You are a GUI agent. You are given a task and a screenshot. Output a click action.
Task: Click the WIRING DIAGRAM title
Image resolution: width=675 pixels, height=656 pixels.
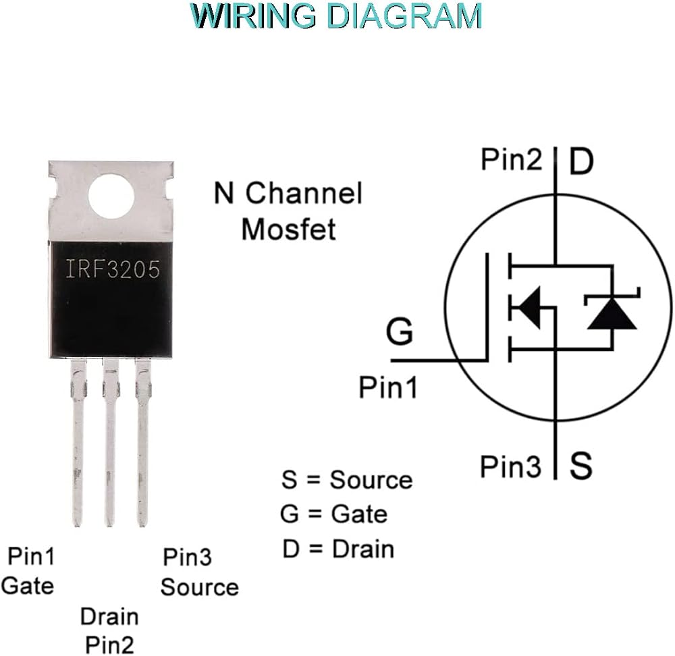(335, 16)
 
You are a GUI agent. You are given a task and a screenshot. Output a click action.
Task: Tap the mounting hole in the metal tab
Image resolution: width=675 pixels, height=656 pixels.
(111, 196)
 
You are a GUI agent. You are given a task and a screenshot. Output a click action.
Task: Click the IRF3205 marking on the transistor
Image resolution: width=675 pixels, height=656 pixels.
(112, 269)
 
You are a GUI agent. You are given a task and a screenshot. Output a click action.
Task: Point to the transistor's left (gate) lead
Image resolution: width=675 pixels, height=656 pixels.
(78, 443)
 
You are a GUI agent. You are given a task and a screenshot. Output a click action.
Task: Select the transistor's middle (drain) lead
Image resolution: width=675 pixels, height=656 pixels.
(110, 443)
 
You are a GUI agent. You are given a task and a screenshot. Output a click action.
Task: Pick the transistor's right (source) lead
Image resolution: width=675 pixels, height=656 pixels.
(143, 443)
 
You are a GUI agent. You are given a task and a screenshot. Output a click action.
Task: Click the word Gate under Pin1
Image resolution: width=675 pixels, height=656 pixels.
(28, 586)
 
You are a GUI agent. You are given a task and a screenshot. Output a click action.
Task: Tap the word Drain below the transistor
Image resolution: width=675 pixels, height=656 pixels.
(109, 617)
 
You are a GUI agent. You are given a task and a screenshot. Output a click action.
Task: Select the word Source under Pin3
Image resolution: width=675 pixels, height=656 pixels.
(199, 588)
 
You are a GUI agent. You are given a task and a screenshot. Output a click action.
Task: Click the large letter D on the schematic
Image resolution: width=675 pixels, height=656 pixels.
(581, 161)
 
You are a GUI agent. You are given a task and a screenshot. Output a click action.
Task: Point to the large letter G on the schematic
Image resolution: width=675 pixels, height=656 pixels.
(400, 331)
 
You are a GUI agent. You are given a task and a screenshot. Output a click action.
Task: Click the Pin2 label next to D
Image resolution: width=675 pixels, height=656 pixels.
(511, 159)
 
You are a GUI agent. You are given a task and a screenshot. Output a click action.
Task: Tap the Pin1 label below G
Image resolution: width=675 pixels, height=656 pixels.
(388, 387)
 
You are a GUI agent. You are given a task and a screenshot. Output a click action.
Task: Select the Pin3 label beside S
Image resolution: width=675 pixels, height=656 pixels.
(510, 466)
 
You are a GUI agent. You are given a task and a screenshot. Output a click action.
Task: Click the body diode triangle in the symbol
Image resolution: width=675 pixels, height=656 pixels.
(612, 315)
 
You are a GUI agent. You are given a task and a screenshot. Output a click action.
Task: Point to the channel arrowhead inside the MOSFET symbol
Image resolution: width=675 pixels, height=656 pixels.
(527, 308)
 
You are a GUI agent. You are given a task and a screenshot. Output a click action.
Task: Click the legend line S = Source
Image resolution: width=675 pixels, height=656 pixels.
(347, 480)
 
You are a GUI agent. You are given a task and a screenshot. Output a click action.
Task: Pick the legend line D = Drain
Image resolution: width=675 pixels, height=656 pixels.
(338, 549)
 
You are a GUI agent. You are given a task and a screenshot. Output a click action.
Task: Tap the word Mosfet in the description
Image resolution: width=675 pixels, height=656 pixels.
(288, 229)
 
